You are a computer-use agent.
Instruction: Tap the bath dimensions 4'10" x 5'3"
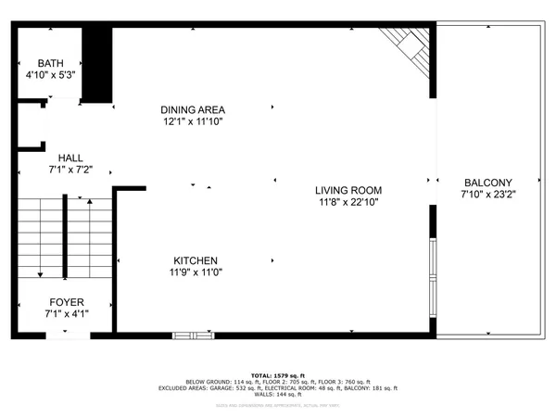44,76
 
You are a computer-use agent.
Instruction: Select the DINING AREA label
195,108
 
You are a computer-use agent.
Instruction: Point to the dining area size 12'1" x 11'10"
195,120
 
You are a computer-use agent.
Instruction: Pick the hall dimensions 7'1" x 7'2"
71,171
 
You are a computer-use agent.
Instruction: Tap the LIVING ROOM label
349,189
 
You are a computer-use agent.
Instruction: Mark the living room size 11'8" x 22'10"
349,201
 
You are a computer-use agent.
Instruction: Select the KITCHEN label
196,260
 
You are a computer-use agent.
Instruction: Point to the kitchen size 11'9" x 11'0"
196,272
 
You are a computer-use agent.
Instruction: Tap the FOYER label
66,303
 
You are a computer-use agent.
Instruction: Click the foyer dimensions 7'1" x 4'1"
66,315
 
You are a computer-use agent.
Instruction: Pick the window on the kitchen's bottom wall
193,334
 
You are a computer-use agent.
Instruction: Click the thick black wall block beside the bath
96,64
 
